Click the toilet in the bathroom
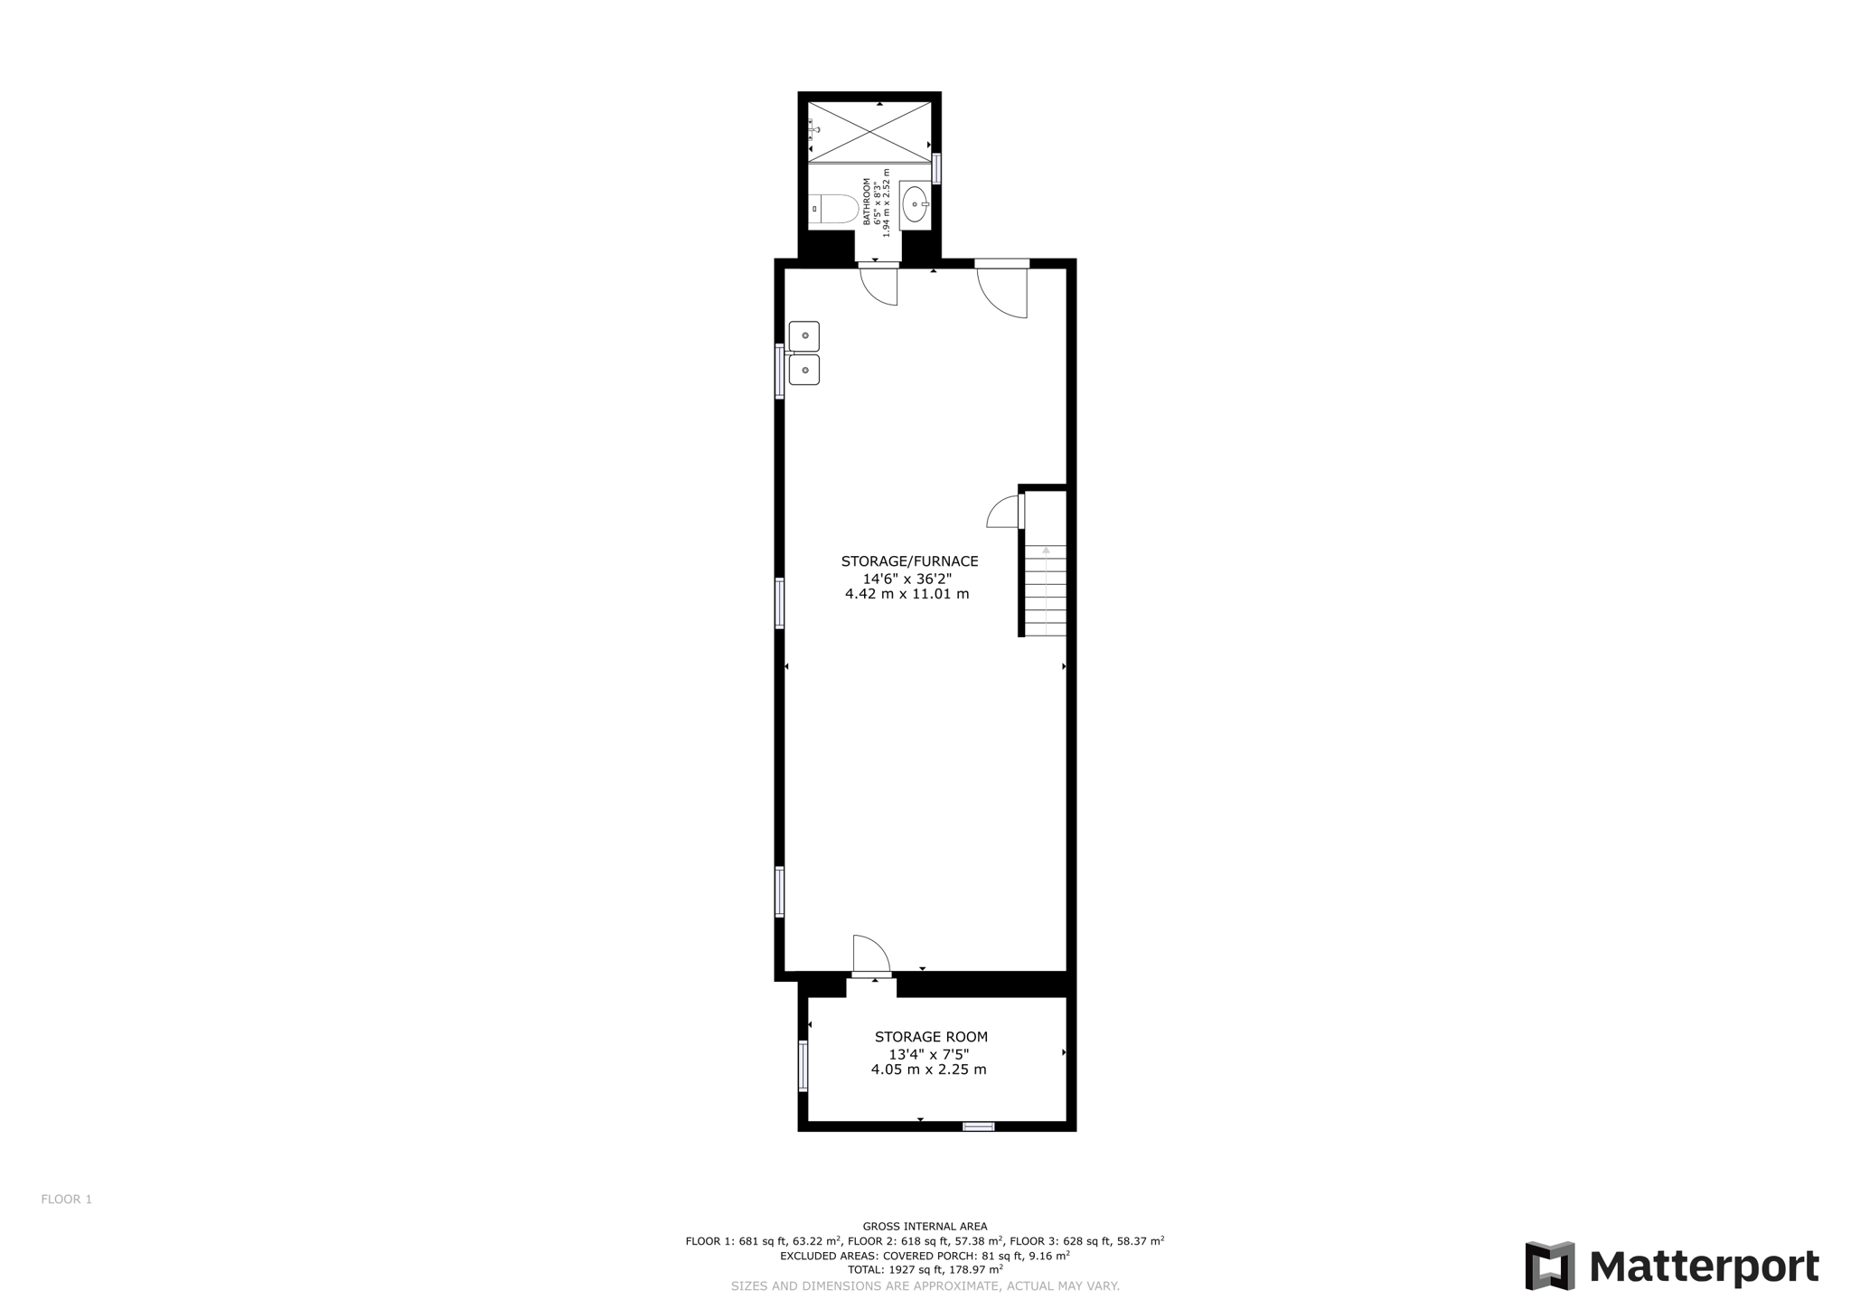tap(833, 209)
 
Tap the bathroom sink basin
tap(915, 204)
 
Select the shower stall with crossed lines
tap(869, 132)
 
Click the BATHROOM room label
tap(866, 201)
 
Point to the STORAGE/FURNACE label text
tap(909, 561)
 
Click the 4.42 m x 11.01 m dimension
tap(907, 594)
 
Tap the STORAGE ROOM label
tap(931, 1037)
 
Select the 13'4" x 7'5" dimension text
tap(928, 1054)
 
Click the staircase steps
tap(1046, 591)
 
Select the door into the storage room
tap(871, 955)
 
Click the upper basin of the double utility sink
tap(804, 335)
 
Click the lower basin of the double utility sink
tap(804, 370)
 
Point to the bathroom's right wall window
tap(936, 168)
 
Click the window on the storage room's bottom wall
tap(978, 1126)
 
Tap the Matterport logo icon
tap(1549, 1266)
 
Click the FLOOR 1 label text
tap(67, 1200)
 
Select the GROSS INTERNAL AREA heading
tap(925, 1227)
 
